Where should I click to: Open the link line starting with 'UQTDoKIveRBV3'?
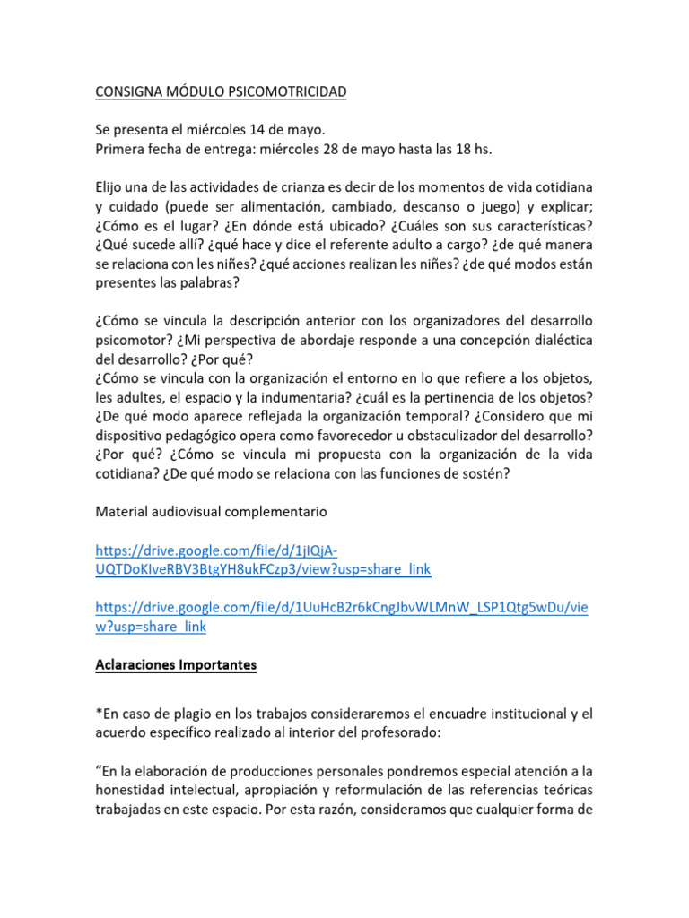(x=263, y=569)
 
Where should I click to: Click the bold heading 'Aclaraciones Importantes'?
(x=176, y=665)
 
